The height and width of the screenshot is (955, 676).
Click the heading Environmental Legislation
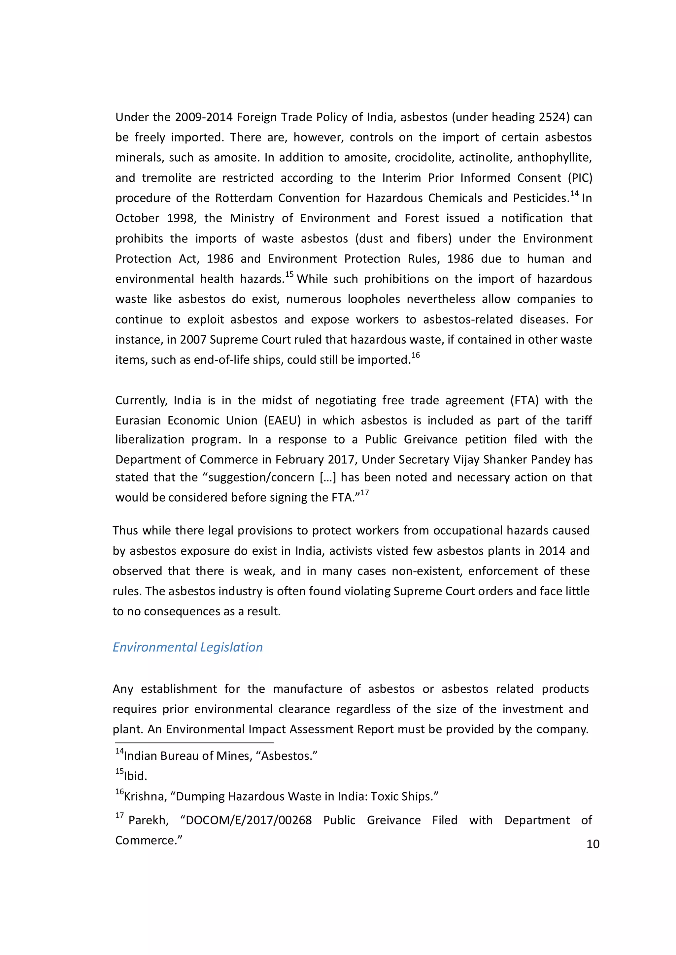[188, 647]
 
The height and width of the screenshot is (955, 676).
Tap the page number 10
[593, 844]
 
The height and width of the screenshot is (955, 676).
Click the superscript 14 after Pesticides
[574, 194]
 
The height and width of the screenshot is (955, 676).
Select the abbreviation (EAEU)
[282, 420]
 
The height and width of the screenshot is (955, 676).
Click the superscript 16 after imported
[416, 355]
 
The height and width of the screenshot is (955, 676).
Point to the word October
[137, 218]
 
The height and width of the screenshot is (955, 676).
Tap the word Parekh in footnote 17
[148, 820]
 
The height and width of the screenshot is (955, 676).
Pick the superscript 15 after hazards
[289, 274]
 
